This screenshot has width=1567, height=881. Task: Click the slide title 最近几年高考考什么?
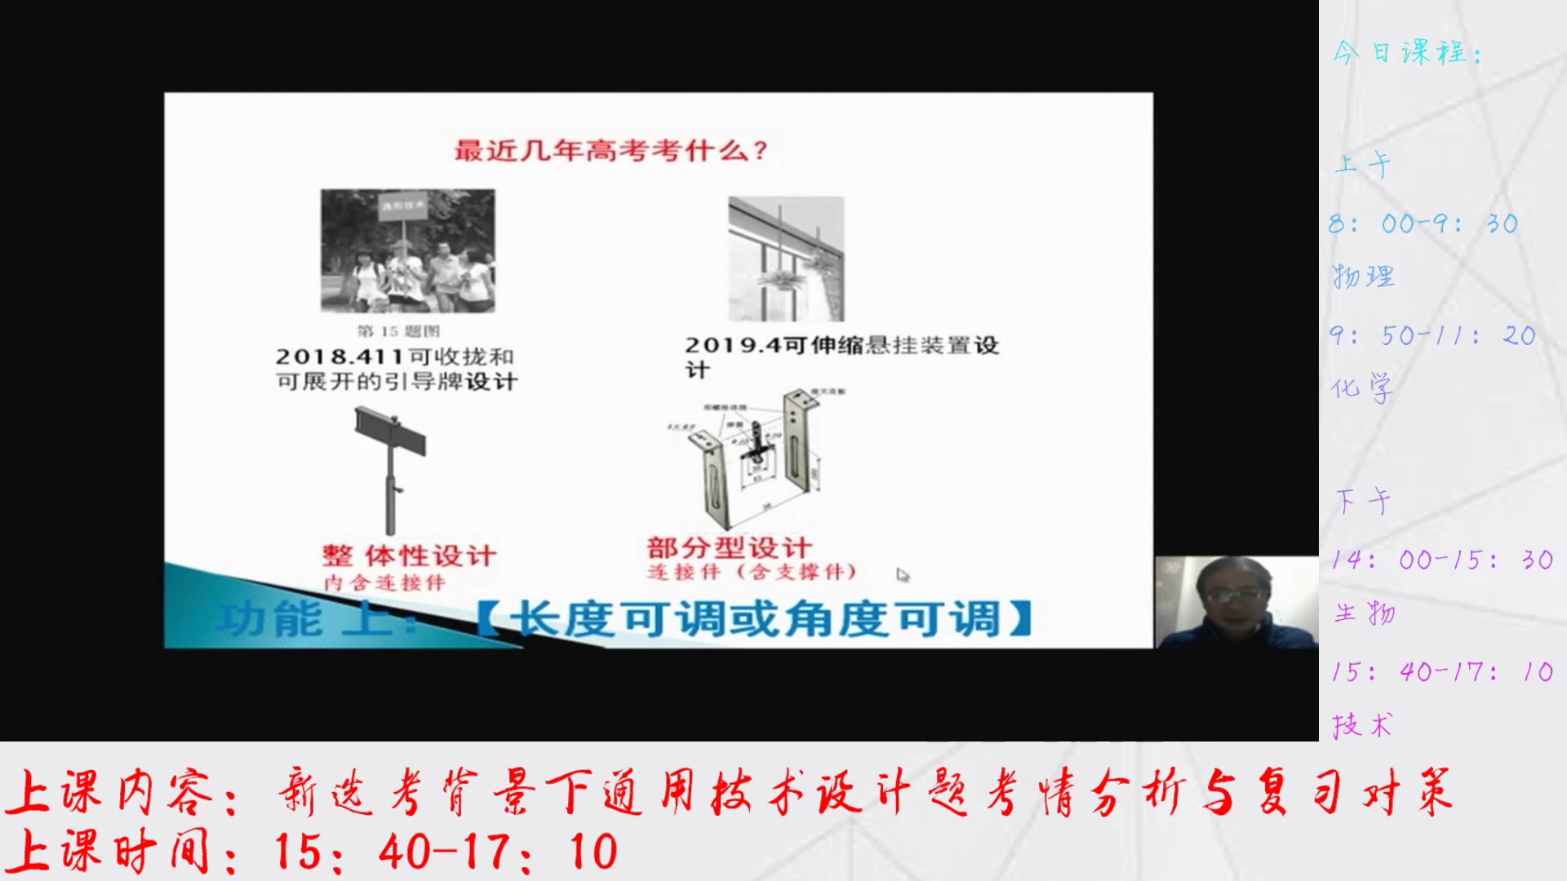tap(610, 151)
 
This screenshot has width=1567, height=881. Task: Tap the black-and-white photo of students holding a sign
tap(407, 250)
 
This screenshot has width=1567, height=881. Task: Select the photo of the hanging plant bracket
tap(786, 259)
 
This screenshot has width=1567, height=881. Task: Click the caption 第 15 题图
tap(398, 331)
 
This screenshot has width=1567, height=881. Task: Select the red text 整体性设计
tap(409, 556)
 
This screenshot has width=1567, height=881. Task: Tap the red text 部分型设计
tap(729, 547)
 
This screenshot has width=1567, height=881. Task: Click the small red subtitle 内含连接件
tap(384, 582)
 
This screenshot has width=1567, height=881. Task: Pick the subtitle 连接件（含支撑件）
tap(752, 572)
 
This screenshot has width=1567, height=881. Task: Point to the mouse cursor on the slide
tap(901, 574)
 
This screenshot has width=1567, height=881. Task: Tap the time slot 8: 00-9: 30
tap(1423, 224)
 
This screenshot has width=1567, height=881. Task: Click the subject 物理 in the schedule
tap(1364, 277)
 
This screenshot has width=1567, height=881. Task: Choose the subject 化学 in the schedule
tap(1362, 388)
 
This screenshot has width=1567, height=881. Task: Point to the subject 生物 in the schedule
tap(1365, 613)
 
